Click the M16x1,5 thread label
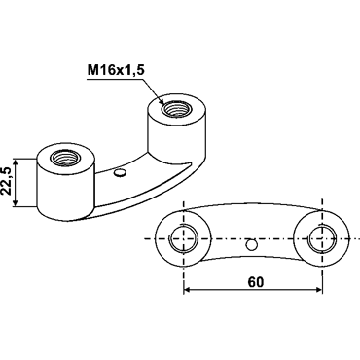[x=115, y=70]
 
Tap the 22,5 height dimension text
[x=7, y=182]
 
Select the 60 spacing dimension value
[x=256, y=282]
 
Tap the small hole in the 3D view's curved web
[x=120, y=172]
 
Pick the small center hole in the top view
[x=251, y=245]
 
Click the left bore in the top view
[x=184, y=238]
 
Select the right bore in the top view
[x=322, y=238]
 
